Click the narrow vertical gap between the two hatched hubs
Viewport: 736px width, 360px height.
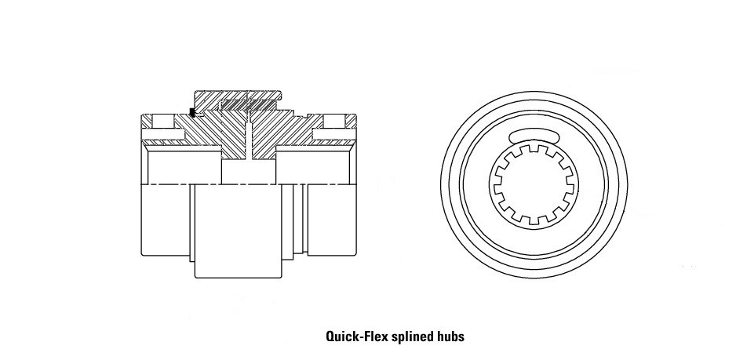pyautogui.click(x=249, y=141)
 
